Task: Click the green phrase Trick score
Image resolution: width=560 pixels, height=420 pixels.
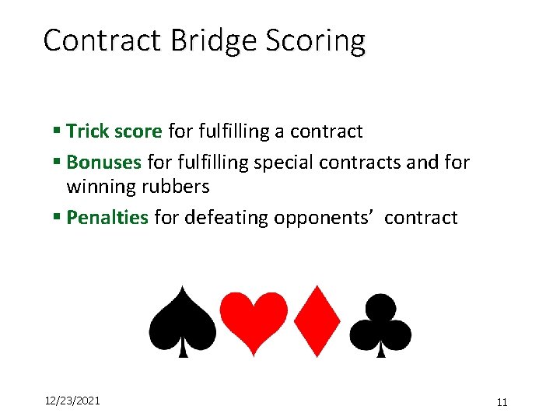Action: [114, 131]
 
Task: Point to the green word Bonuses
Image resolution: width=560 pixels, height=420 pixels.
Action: [104, 163]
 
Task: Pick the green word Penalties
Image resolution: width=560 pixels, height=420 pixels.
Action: [107, 218]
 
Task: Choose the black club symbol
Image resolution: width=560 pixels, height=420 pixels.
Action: [380, 323]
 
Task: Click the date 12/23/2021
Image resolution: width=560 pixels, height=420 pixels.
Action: [71, 401]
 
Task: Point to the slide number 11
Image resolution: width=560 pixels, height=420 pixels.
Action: [502, 402]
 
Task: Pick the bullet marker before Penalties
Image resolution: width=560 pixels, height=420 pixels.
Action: [58, 218]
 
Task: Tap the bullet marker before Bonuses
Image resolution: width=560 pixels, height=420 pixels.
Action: [58, 163]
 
